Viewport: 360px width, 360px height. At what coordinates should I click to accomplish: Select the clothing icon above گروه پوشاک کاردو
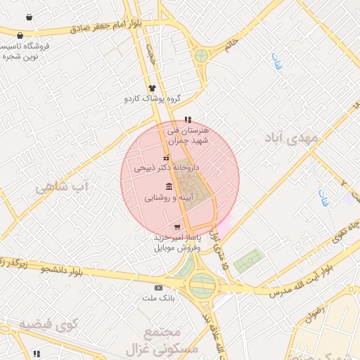151,88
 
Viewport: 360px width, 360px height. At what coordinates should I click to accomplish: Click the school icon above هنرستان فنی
187,120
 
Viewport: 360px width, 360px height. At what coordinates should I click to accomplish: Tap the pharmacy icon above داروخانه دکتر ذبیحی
167,158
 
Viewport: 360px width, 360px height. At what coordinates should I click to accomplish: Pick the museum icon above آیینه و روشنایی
169,186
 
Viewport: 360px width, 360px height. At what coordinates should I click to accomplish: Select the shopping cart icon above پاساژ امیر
176,226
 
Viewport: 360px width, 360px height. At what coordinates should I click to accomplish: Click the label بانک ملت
159,298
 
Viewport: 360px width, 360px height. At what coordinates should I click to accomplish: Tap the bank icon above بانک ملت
159,287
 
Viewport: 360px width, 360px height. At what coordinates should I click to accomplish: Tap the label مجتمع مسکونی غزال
162,340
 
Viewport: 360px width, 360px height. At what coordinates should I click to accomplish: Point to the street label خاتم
231,44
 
